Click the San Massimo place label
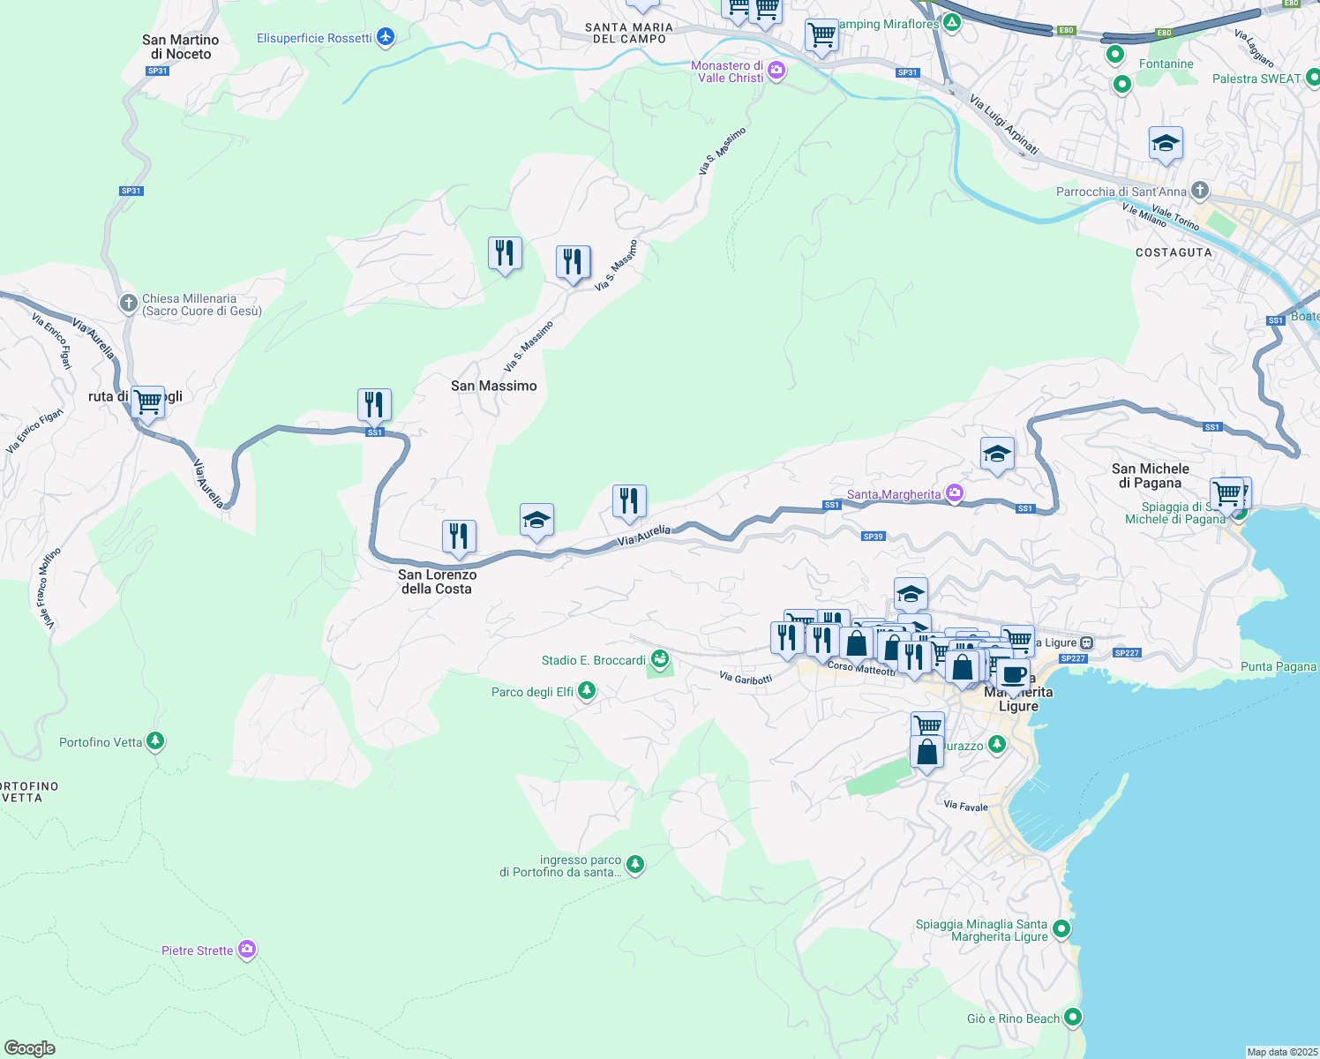click(x=493, y=386)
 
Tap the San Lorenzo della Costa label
click(x=437, y=582)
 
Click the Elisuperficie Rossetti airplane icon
click(x=385, y=37)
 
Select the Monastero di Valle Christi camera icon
click(x=776, y=71)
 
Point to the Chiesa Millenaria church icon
click(x=128, y=304)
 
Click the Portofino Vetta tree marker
click(x=155, y=741)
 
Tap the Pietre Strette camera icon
click(x=247, y=950)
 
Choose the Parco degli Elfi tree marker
click(x=587, y=692)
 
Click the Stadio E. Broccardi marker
click(x=659, y=659)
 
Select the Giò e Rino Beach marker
click(x=1073, y=1018)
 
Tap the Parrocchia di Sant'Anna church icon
click(x=1199, y=191)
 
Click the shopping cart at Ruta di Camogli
click(x=148, y=402)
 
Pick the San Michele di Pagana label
click(x=1150, y=476)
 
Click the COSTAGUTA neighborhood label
click(x=1174, y=252)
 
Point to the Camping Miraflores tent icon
click(x=951, y=24)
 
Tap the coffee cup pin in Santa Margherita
click(x=1014, y=675)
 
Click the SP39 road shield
click(x=873, y=537)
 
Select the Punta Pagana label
click(x=1278, y=666)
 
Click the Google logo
click(x=30, y=1048)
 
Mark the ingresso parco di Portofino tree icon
click(x=634, y=864)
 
